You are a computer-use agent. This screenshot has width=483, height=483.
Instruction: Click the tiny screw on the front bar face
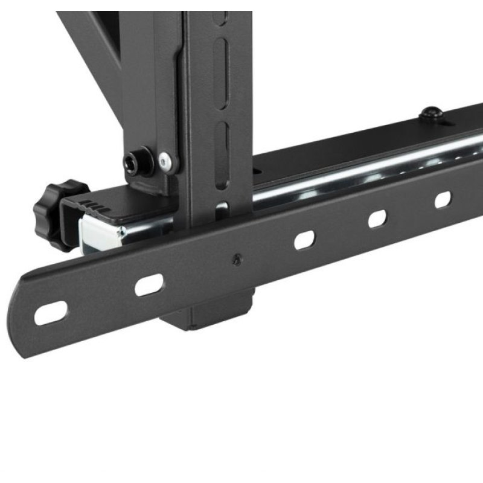(237, 260)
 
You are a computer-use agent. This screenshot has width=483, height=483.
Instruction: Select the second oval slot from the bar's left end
(149, 284)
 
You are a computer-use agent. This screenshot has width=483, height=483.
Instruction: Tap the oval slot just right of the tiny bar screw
(305, 239)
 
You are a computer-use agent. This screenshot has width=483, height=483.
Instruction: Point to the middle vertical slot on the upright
(222, 61)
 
